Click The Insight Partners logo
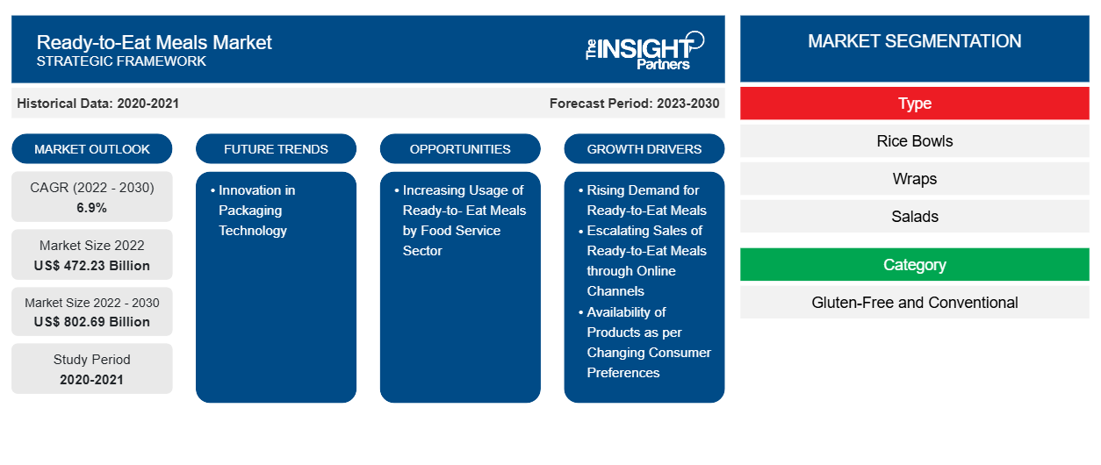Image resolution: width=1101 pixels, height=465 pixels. point(644,51)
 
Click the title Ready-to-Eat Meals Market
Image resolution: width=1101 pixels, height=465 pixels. point(154,43)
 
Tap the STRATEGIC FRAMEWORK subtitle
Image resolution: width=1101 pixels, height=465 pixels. point(121,61)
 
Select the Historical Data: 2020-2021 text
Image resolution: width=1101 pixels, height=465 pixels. point(97,104)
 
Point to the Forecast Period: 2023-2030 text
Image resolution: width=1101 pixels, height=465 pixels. point(634,104)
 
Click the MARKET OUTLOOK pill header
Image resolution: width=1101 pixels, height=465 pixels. point(92,149)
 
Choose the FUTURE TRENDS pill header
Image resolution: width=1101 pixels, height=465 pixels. point(276,149)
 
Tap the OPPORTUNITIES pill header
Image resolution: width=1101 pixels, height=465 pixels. point(460,149)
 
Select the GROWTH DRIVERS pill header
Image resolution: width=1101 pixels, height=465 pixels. point(644,149)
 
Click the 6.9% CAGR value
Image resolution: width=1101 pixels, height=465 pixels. point(92,208)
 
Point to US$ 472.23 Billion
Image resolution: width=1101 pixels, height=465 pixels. point(92,266)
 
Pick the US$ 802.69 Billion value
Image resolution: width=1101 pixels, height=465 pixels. point(92,322)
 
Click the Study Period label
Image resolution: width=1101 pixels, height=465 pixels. point(92,360)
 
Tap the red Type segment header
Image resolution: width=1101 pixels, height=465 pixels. point(915,104)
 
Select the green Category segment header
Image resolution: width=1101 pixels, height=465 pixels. point(915,265)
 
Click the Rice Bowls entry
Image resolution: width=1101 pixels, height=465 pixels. point(915,141)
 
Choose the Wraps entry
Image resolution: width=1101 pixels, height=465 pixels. point(915,179)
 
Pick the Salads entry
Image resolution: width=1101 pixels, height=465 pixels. point(915,216)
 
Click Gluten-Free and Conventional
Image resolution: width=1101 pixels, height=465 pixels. point(915,303)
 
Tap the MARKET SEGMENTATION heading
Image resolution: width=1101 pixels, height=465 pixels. point(915,41)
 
